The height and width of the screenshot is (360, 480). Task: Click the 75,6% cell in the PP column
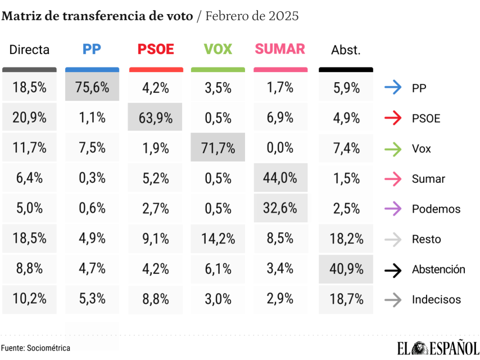click(92, 88)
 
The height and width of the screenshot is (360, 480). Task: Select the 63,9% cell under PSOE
click(155, 118)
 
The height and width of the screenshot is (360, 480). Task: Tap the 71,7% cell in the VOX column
click(218, 148)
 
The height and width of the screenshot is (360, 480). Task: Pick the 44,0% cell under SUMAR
click(280, 178)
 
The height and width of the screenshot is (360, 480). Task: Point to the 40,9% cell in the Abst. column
click(346, 269)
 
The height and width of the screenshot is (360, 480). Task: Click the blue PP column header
click(92, 49)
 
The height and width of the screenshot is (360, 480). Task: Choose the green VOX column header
click(218, 49)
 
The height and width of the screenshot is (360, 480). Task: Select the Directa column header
click(29, 49)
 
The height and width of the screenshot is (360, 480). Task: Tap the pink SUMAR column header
click(280, 49)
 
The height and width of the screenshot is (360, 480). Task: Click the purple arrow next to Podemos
click(393, 209)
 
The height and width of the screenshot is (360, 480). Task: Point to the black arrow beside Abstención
click(393, 269)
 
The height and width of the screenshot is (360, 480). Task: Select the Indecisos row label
click(436, 300)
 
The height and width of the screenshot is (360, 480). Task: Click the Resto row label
click(426, 239)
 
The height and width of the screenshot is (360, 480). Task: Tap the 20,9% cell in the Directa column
click(29, 118)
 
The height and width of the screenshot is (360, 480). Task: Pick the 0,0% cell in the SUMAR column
click(280, 148)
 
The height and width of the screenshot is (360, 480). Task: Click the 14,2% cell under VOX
click(218, 239)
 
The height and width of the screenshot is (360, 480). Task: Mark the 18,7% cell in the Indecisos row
click(346, 299)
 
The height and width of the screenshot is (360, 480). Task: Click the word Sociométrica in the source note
click(48, 348)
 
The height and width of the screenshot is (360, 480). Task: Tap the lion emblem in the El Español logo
click(420, 348)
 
